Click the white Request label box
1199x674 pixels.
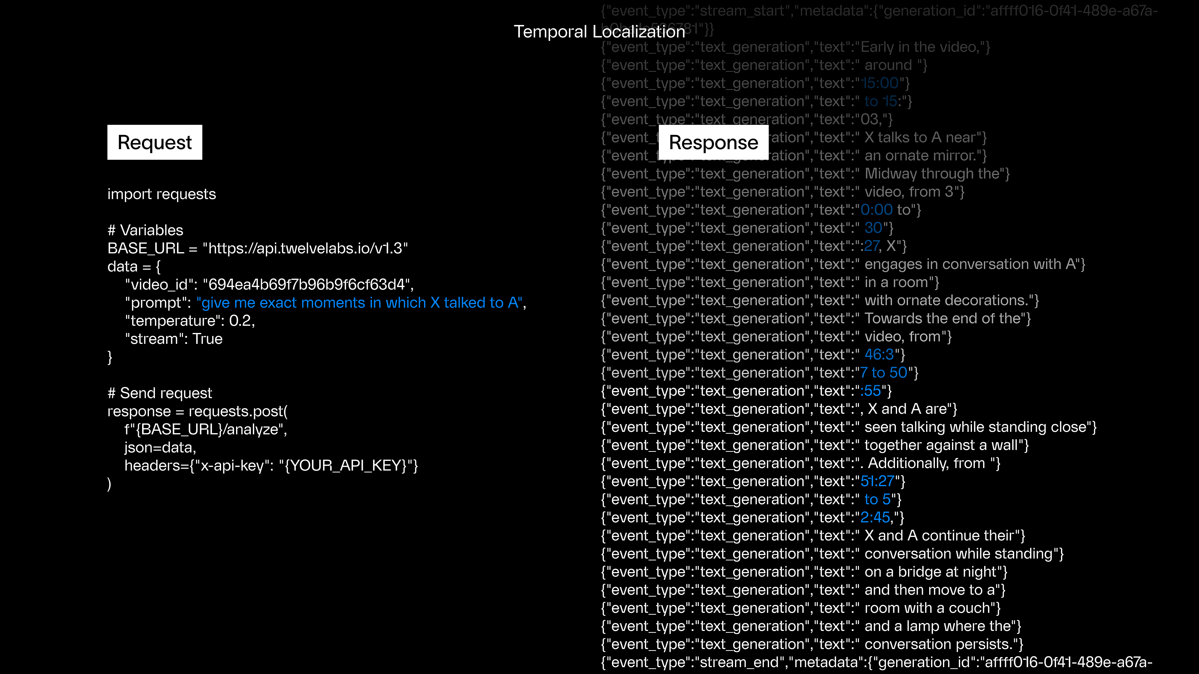(x=155, y=142)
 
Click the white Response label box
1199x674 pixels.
(x=713, y=142)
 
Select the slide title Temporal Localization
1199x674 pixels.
(x=599, y=32)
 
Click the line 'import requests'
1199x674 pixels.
(x=161, y=194)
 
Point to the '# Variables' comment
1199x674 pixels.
(x=145, y=230)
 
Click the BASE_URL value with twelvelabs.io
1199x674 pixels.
(x=305, y=248)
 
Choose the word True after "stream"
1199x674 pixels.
(x=208, y=339)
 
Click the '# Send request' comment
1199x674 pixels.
(x=160, y=393)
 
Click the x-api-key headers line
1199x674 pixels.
(x=271, y=466)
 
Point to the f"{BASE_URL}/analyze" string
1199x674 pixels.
(x=205, y=429)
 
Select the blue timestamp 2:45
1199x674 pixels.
(x=875, y=518)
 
